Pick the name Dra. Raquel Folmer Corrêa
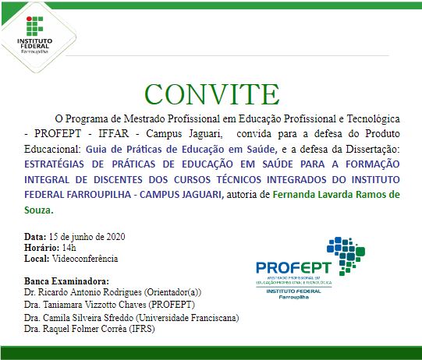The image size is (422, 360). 77,330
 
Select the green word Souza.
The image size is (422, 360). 37,210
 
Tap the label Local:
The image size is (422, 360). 37,258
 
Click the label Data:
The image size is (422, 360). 35,236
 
